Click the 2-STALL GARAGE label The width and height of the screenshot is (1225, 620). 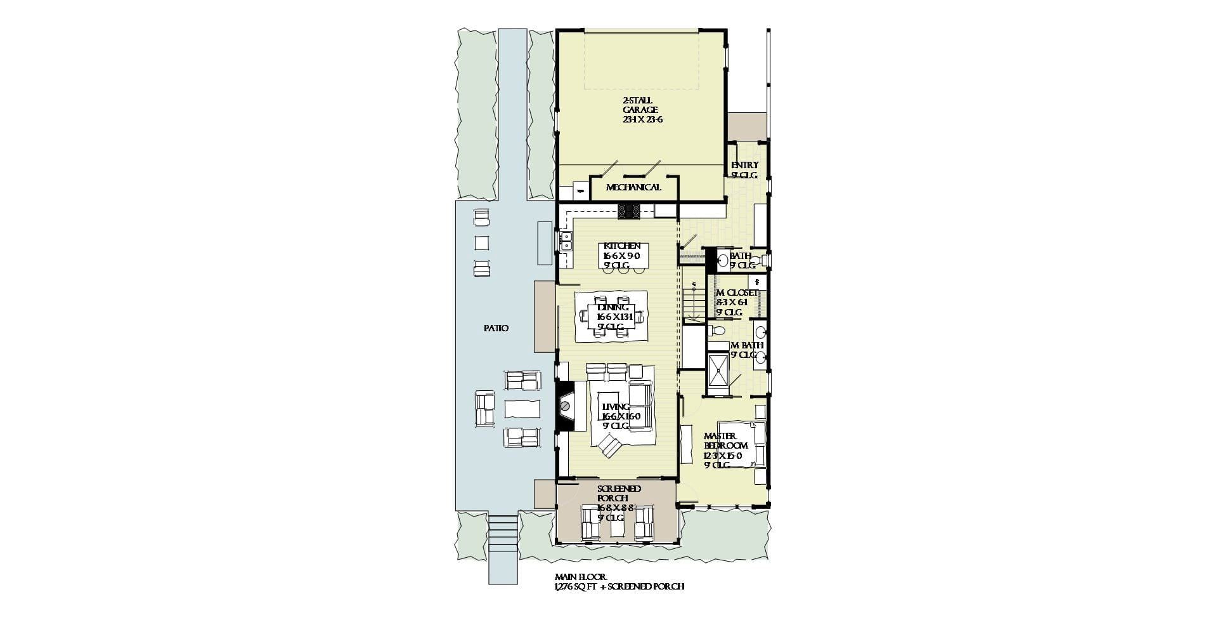click(642, 110)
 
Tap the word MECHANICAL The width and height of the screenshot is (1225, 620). click(633, 187)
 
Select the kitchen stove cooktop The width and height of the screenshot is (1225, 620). click(630, 211)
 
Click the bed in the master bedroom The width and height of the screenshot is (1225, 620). click(742, 444)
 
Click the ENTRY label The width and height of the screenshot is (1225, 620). click(744, 166)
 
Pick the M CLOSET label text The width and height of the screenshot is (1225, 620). click(737, 293)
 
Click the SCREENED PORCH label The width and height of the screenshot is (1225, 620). click(619, 493)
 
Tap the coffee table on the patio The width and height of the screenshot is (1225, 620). click(522, 408)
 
